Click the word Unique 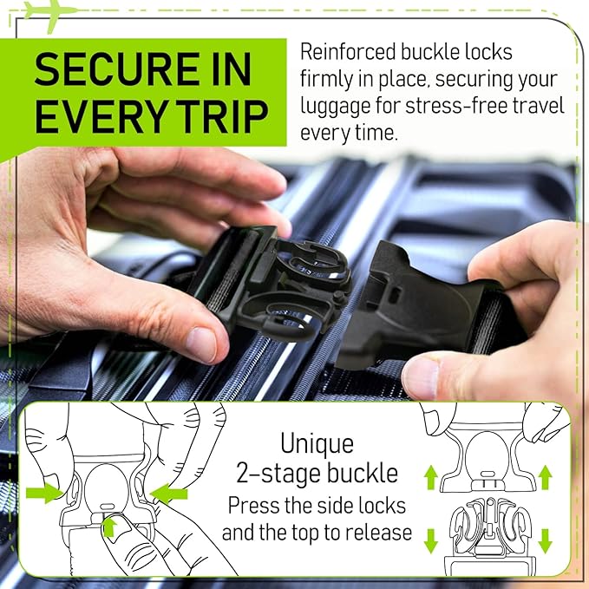click(x=317, y=444)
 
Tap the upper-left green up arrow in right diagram click(x=429, y=474)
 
